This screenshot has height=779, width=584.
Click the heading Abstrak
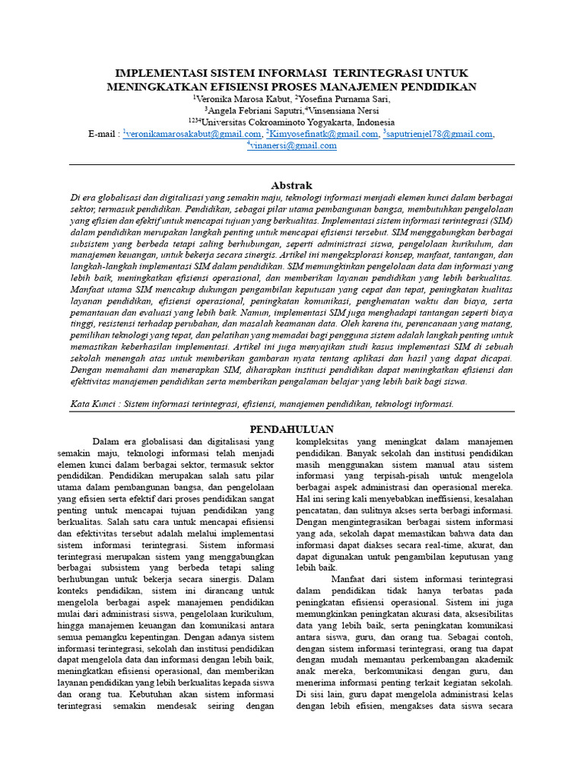click(291, 185)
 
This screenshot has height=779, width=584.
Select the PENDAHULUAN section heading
click(291, 429)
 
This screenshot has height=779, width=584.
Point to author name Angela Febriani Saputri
click(248, 110)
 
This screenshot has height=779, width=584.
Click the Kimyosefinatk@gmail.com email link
click(318, 134)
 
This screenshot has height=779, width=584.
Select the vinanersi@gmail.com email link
click(293, 146)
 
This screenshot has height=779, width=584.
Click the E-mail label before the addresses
click(103, 134)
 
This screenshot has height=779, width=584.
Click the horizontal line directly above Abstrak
click(291, 164)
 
